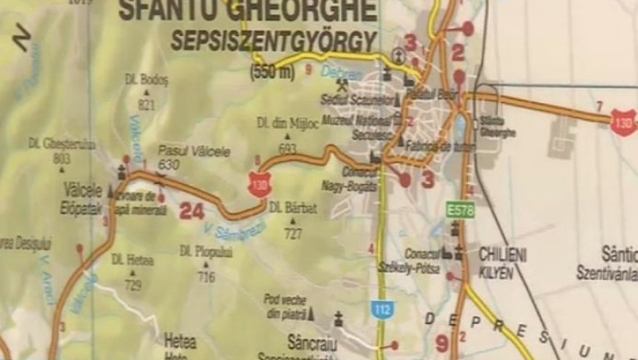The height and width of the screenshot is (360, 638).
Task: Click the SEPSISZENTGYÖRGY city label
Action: pyautogui.click(x=273, y=41)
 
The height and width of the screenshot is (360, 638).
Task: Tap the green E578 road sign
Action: pyautogui.click(x=461, y=210)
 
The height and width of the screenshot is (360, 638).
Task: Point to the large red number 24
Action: pyautogui.click(x=191, y=211)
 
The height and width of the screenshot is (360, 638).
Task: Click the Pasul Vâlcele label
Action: pyautogui.click(x=194, y=151)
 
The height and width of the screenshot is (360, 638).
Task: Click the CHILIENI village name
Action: pyautogui.click(x=503, y=254)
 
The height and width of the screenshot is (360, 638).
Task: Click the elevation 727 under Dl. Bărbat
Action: pyautogui.click(x=293, y=232)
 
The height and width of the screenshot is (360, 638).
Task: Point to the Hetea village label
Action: pyautogui.click(x=180, y=337)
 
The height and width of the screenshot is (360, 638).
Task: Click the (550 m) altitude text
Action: pyautogui.click(x=272, y=72)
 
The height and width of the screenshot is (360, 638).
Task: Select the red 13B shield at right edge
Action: pyautogui.click(x=624, y=123)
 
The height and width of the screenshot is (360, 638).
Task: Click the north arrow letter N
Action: pyautogui.click(x=22, y=38)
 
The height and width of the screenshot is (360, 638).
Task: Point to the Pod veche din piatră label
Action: pyautogui.click(x=285, y=304)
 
